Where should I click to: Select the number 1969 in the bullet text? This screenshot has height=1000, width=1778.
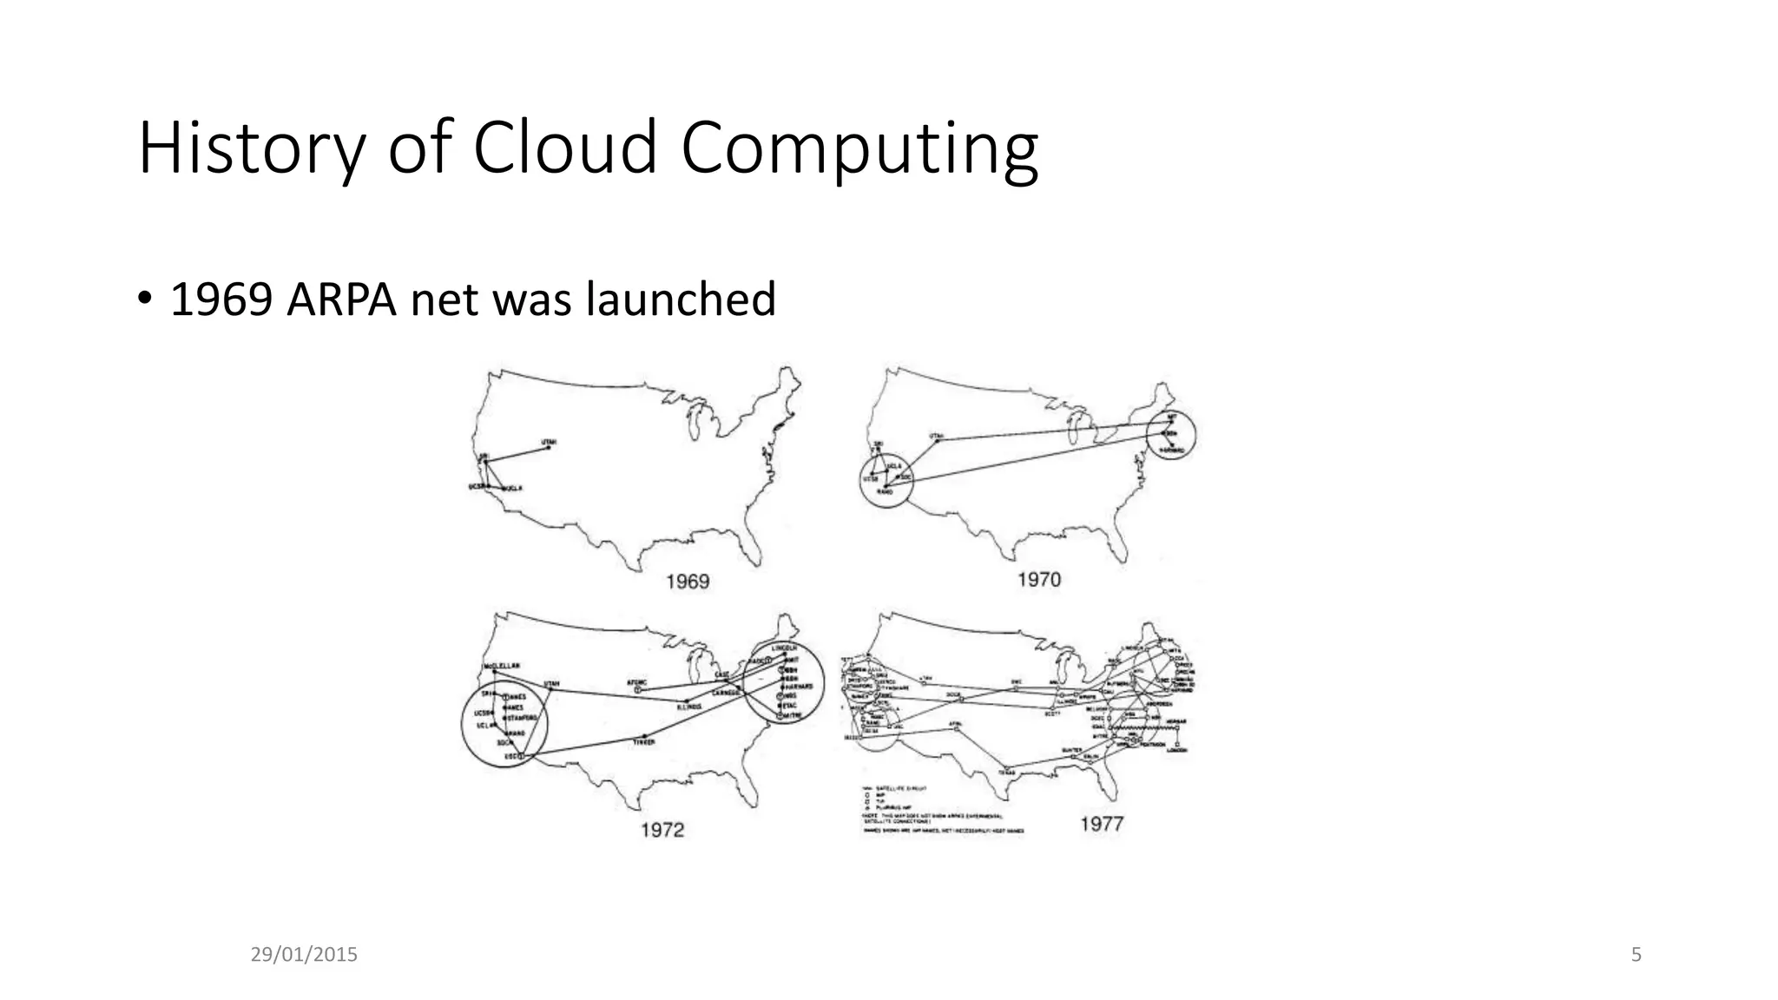(x=221, y=299)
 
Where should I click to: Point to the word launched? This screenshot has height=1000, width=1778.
(x=681, y=299)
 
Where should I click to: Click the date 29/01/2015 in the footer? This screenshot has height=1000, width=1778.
(x=304, y=955)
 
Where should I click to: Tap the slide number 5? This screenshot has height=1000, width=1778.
(x=1636, y=955)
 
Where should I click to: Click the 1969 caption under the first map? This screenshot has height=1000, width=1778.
(x=688, y=582)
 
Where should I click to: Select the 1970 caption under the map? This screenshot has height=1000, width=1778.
(x=1039, y=579)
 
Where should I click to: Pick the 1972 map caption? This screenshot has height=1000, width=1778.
(x=662, y=830)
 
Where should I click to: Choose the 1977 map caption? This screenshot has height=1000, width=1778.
(x=1102, y=824)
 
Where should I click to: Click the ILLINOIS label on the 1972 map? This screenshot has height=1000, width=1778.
(x=688, y=706)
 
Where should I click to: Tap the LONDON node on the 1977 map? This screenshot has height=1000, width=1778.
(x=1177, y=748)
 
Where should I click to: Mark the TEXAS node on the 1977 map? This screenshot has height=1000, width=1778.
(x=1007, y=769)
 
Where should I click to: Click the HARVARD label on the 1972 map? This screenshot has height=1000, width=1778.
(x=799, y=687)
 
